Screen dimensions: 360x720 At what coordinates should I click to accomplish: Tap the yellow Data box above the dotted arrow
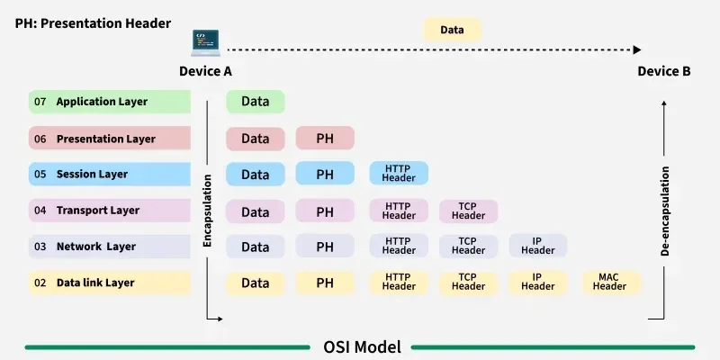(452, 30)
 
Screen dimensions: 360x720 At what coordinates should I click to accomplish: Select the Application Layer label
(102, 103)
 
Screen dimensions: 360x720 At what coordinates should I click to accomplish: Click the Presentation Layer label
(105, 139)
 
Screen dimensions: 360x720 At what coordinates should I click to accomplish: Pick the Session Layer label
(92, 175)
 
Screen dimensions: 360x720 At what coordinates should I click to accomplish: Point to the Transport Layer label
(98, 211)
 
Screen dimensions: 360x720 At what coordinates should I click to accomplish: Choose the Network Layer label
(96, 247)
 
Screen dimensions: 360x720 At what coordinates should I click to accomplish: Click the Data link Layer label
(95, 283)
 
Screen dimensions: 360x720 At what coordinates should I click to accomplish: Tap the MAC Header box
(609, 283)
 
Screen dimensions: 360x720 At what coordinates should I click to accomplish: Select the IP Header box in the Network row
(538, 247)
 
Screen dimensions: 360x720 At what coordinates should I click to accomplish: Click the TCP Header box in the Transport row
(468, 211)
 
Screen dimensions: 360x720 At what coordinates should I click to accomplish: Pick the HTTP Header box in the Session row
(399, 174)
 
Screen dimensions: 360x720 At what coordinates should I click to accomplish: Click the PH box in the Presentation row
(325, 139)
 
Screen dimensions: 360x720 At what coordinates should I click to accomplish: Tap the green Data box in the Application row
(255, 102)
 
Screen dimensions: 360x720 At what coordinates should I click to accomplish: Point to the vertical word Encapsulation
(207, 211)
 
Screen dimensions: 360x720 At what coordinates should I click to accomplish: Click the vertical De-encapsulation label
(665, 211)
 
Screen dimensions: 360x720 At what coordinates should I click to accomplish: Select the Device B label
(664, 71)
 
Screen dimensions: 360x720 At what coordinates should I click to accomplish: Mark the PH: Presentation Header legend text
(93, 22)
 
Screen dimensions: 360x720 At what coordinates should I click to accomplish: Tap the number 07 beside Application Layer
(40, 103)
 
